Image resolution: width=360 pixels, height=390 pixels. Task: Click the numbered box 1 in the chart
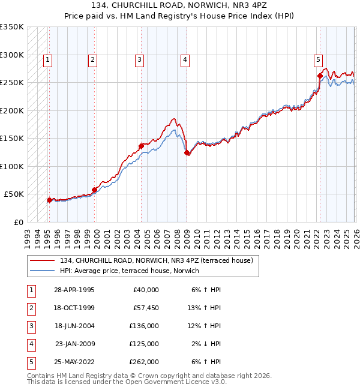click(x=47, y=59)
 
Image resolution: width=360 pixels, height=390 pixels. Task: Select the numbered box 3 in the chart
click(x=139, y=59)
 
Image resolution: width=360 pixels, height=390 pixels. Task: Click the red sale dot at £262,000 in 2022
click(x=320, y=76)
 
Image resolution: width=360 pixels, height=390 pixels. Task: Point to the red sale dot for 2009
click(x=187, y=152)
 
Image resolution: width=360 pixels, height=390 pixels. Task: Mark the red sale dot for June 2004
click(x=142, y=146)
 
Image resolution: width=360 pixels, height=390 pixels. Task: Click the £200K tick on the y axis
click(x=12, y=110)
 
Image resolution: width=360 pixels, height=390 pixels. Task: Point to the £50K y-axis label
click(x=14, y=194)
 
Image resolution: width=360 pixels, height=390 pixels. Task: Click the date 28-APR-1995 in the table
click(x=74, y=290)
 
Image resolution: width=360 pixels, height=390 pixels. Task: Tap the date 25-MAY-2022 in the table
click(x=74, y=362)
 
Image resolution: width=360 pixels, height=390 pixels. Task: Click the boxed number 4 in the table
click(x=29, y=344)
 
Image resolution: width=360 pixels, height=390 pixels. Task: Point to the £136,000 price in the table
click(x=145, y=326)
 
